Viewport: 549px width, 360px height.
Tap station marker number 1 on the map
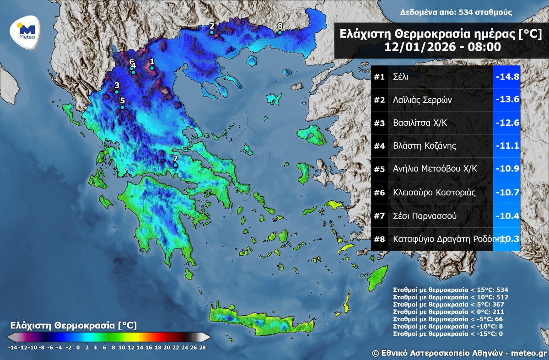[152, 68]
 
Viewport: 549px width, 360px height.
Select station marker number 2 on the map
[211, 32]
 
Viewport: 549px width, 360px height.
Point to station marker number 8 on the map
[280, 32]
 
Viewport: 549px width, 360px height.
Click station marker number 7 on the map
[175, 165]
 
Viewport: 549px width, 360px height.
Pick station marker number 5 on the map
[122, 107]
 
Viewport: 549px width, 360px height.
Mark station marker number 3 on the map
[117, 92]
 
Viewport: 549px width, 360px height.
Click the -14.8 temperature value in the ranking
[507, 77]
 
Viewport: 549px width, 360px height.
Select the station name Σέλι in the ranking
[400, 77]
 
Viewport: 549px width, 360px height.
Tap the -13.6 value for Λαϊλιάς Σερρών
[507, 100]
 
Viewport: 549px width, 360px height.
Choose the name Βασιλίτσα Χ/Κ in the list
[418, 123]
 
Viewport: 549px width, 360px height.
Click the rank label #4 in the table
[379, 146]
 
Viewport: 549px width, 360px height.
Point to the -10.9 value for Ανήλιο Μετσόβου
[507, 169]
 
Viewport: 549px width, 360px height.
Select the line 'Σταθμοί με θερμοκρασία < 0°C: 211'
[442, 312]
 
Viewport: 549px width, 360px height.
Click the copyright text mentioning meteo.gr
[459, 353]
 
